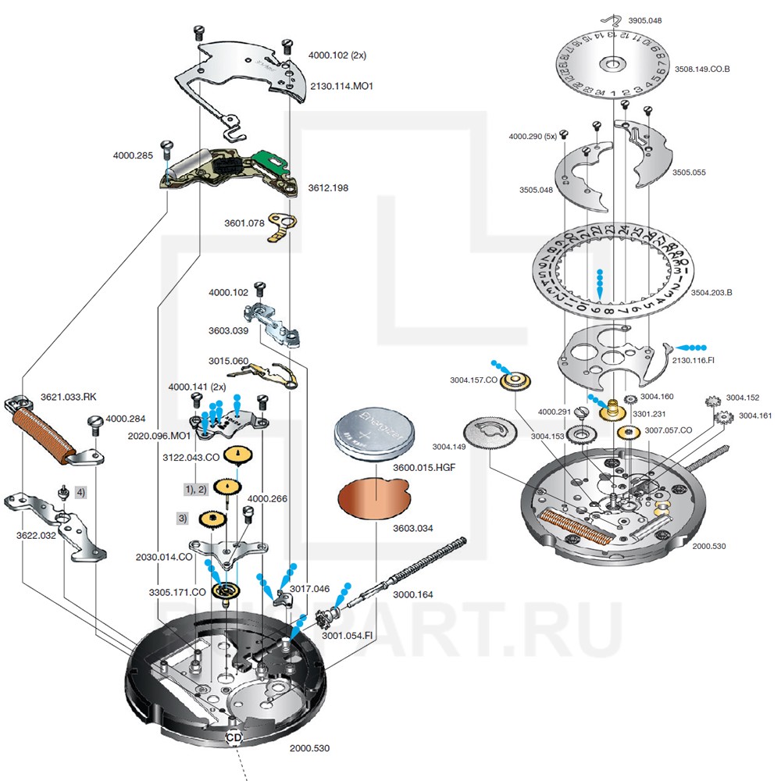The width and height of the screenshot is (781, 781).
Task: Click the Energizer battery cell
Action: [373, 436]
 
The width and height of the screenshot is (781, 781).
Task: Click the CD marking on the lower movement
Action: [234, 737]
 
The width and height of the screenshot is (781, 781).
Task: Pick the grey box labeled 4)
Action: [80, 493]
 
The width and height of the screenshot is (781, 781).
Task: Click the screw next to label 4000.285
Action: [166, 147]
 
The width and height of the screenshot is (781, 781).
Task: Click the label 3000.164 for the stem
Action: [412, 594]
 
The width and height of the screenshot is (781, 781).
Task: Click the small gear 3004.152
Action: [712, 402]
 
